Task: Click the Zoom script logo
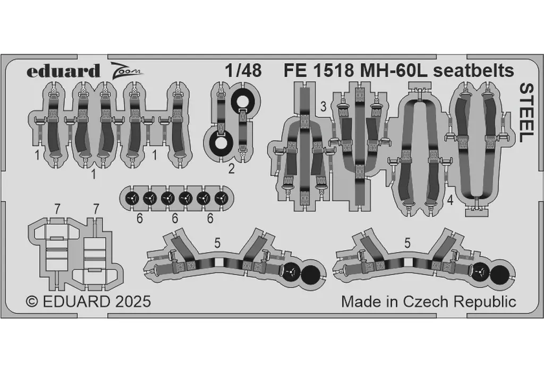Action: click(x=126, y=70)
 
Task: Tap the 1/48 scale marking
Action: click(x=243, y=71)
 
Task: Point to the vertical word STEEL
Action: click(x=526, y=113)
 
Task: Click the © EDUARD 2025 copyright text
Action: click(x=89, y=301)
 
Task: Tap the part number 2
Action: click(x=232, y=169)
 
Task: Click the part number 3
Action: click(x=324, y=106)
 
